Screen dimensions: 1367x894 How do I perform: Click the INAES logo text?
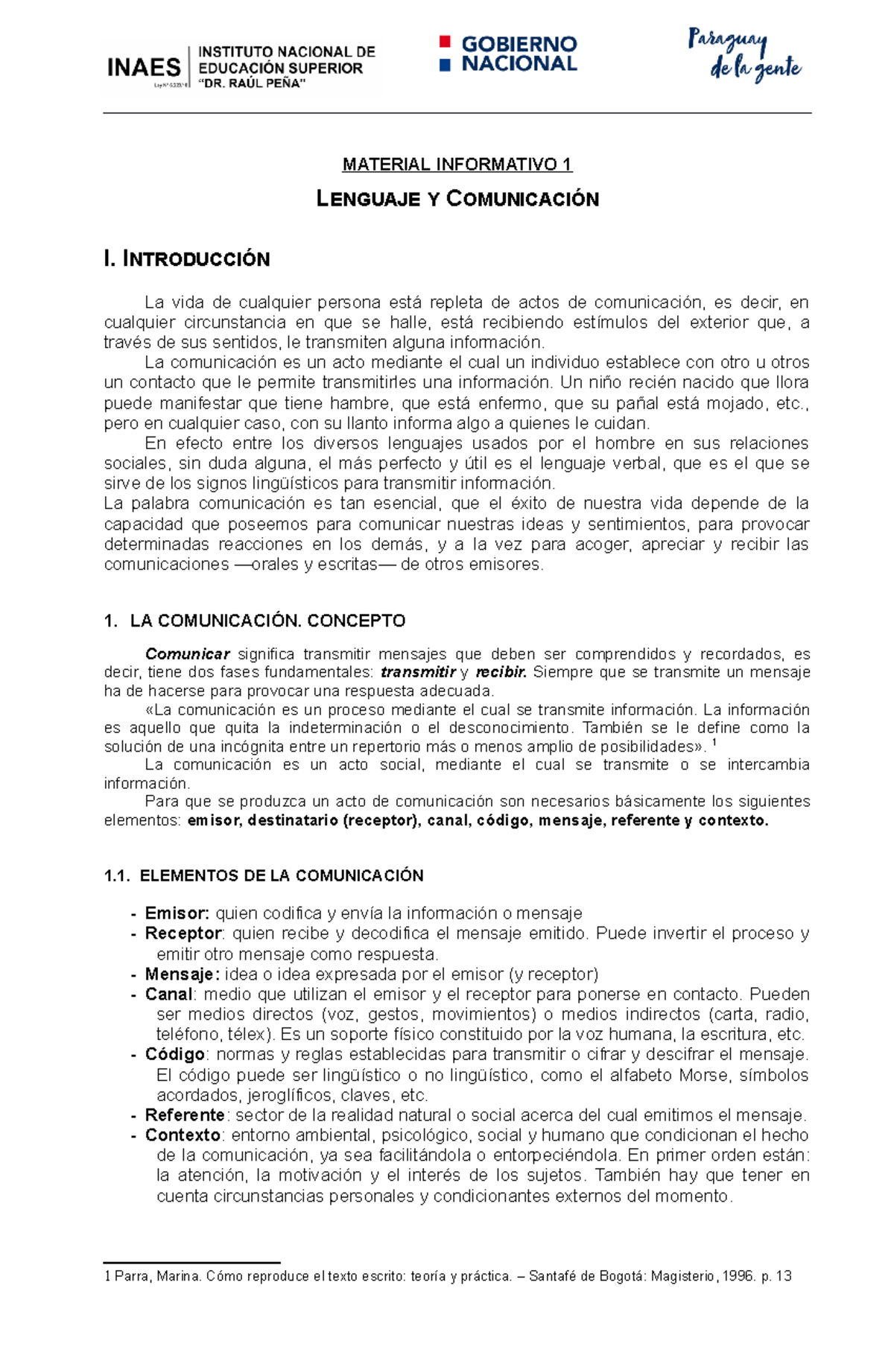[x=145, y=68]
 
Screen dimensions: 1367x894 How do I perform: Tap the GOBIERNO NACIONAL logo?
[x=509, y=54]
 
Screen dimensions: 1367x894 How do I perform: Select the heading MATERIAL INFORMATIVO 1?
[x=457, y=165]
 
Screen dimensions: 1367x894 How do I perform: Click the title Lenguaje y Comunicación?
[x=457, y=199]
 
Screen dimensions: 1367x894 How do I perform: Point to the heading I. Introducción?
[x=187, y=259]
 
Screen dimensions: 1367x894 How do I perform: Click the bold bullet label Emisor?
[x=177, y=913]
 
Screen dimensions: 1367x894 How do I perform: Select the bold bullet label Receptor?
[x=183, y=933]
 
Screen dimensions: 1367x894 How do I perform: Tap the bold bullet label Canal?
[x=168, y=995]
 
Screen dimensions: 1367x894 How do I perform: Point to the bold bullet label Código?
[x=174, y=1055]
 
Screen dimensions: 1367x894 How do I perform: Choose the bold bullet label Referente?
[x=184, y=1115]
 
